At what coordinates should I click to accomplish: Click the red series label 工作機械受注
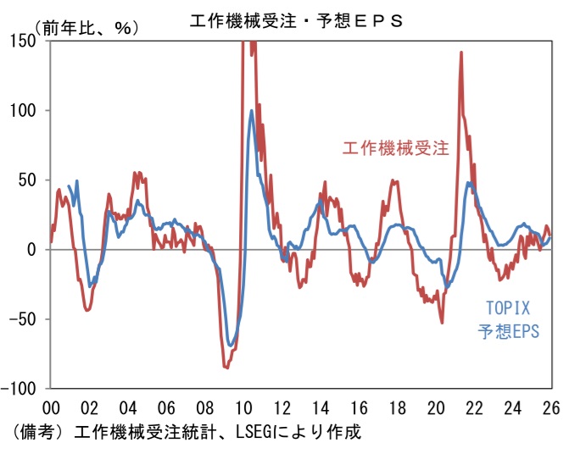(x=395, y=148)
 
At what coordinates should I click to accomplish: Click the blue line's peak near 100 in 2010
(x=252, y=111)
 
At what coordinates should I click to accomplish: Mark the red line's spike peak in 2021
(x=460, y=53)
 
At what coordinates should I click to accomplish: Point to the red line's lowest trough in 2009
(x=226, y=368)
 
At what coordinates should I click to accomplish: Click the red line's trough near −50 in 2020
(x=442, y=322)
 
